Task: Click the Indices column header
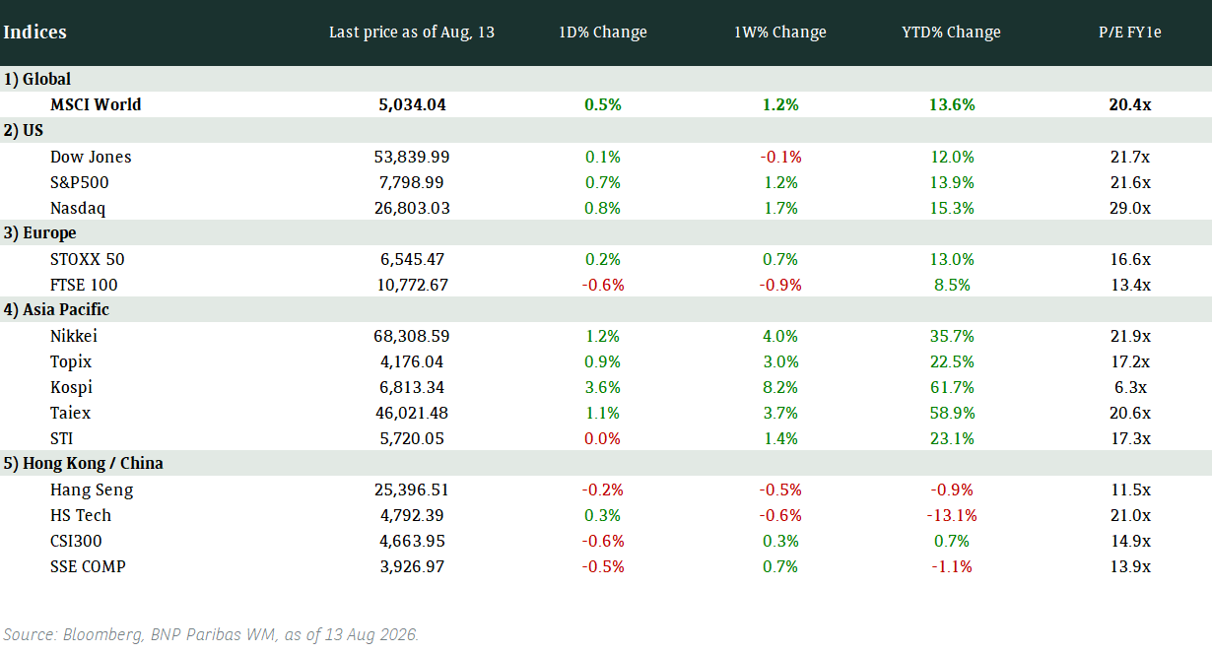tap(34, 32)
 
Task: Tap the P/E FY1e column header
tap(1130, 32)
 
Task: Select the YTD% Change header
tap(951, 32)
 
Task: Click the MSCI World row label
tap(96, 104)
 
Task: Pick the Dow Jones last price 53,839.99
tap(412, 157)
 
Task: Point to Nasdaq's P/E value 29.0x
tap(1130, 208)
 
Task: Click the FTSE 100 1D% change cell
tap(603, 285)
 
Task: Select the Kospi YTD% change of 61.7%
tap(952, 387)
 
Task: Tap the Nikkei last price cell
tap(412, 336)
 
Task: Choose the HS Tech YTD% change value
tap(952, 515)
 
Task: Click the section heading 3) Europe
tap(39, 233)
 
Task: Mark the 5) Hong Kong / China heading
tap(83, 464)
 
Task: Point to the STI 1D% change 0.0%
tap(602, 438)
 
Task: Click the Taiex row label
tap(70, 414)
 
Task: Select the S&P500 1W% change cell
tap(780, 183)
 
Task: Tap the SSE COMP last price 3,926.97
tap(412, 567)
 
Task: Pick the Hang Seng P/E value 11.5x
tap(1130, 490)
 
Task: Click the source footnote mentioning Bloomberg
tap(211, 634)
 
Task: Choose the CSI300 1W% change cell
tap(780, 541)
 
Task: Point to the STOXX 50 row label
tap(87, 260)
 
